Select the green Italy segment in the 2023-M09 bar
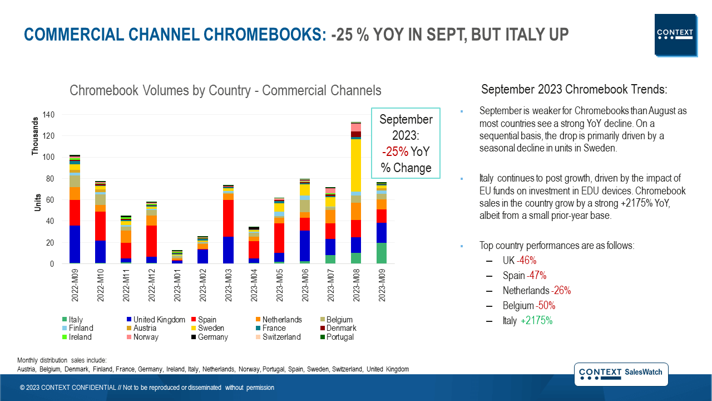coord(381,253)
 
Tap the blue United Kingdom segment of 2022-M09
coord(75,244)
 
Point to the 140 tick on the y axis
coord(50,115)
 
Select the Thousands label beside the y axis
coord(36,136)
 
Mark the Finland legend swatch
coord(65,329)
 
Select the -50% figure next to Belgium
coord(545,306)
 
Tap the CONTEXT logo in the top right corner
coord(675,35)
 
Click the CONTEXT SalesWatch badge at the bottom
coord(621,374)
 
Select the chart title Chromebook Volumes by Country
coord(225,90)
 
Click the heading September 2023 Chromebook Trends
coord(574,90)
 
